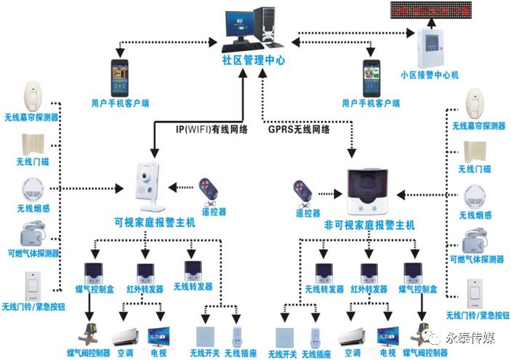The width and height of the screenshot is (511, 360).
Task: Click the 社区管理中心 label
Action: point(255,61)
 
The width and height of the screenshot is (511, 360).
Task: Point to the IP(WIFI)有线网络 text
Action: point(212,129)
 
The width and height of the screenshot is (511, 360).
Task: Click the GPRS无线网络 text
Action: point(299,129)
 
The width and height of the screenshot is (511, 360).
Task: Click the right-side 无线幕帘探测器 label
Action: point(478,126)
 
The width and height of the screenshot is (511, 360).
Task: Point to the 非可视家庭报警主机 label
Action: point(370,226)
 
